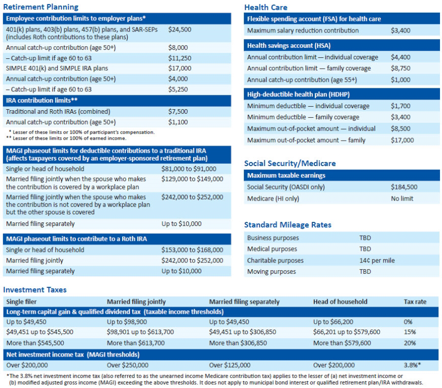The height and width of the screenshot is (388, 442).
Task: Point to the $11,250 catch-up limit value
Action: (179, 58)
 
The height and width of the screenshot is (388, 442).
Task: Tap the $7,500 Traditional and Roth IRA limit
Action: (177, 111)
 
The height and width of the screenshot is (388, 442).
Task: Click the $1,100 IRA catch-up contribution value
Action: (177, 122)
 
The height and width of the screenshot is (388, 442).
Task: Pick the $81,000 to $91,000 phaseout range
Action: (189, 169)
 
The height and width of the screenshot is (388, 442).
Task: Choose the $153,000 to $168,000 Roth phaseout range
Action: (192, 250)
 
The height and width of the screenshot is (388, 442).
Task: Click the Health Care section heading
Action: (266, 7)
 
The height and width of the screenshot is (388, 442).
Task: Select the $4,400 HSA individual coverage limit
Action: (400, 57)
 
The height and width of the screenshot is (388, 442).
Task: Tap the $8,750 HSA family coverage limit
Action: (400, 69)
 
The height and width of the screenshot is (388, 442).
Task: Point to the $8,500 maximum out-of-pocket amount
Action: (400, 129)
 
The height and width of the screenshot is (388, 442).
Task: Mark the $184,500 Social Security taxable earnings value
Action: (403, 187)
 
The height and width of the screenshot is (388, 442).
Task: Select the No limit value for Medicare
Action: (402, 199)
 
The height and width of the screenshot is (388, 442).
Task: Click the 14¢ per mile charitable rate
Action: (377, 261)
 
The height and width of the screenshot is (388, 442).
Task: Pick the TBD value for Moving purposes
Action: (365, 272)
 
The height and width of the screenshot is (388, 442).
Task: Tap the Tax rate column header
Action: (415, 302)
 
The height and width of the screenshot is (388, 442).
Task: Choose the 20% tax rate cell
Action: (410, 343)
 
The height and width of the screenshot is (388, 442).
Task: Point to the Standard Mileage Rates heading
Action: (287, 225)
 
